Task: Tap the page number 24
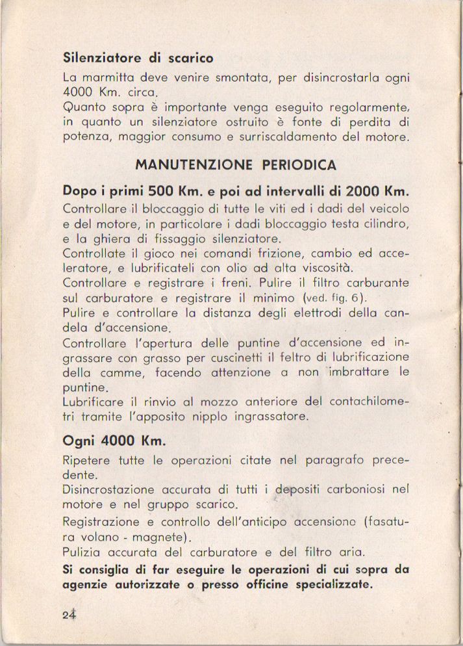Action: [69, 615]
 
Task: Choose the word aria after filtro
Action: [351, 552]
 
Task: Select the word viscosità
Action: [330, 268]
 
